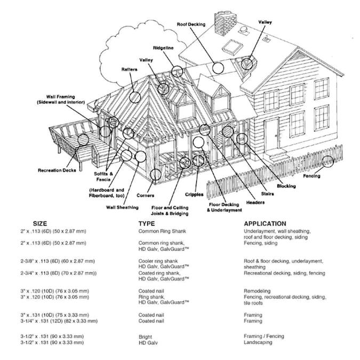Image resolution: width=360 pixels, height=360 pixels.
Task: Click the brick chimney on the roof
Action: pos(221,22)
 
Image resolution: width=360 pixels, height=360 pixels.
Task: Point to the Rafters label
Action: pos(129,69)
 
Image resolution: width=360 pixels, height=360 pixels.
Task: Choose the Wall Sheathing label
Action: pos(122,207)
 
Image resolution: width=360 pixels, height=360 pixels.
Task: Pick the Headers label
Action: pos(255,203)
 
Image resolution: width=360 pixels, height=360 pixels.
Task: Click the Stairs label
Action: pos(267,194)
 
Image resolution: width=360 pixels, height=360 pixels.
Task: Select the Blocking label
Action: pos(286,186)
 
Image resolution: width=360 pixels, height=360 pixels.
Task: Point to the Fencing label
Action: pos(311,176)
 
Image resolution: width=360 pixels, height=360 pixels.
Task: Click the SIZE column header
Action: pos(40,223)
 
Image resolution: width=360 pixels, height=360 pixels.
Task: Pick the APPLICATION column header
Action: pos(265,223)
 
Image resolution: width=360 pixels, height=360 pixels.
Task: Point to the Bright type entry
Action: pos(145,337)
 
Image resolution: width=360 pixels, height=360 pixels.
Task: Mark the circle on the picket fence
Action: pos(327,161)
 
